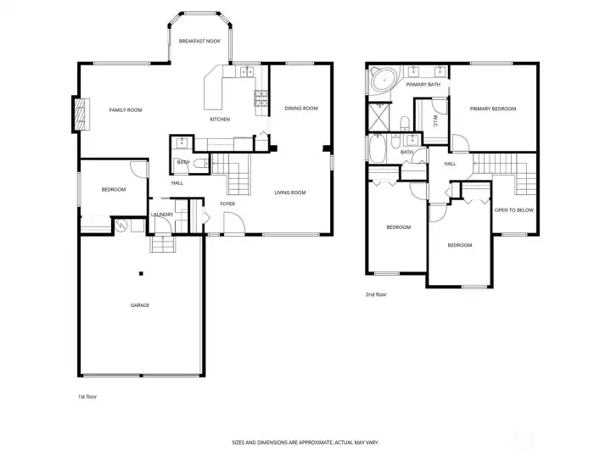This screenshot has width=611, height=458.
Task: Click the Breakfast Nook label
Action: click(199, 41)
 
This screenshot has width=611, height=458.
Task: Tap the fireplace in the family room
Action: click(81, 114)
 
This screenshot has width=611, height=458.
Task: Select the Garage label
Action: click(140, 305)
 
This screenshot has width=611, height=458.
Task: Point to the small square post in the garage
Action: click(141, 274)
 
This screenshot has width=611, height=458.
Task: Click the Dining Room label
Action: click(301, 109)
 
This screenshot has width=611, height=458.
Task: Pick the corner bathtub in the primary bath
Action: click(383, 80)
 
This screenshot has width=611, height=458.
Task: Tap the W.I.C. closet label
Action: click(435, 120)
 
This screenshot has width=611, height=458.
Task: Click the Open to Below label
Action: click(514, 210)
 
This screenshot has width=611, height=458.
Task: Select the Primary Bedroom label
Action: click(493, 109)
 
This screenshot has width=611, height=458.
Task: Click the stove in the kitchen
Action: click(261, 98)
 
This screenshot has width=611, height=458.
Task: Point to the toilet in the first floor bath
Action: click(201, 164)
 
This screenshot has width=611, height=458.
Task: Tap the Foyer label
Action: click(227, 204)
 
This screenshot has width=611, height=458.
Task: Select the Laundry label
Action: click(162, 215)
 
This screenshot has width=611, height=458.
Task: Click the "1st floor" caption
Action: click(87, 396)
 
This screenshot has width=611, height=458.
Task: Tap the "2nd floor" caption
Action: click(376, 294)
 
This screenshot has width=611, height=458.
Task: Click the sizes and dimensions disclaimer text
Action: click(305, 443)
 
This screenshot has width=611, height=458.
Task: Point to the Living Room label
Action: click(290, 193)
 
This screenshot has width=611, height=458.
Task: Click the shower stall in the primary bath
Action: click(378, 116)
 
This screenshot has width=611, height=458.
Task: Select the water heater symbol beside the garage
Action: click(121, 226)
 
